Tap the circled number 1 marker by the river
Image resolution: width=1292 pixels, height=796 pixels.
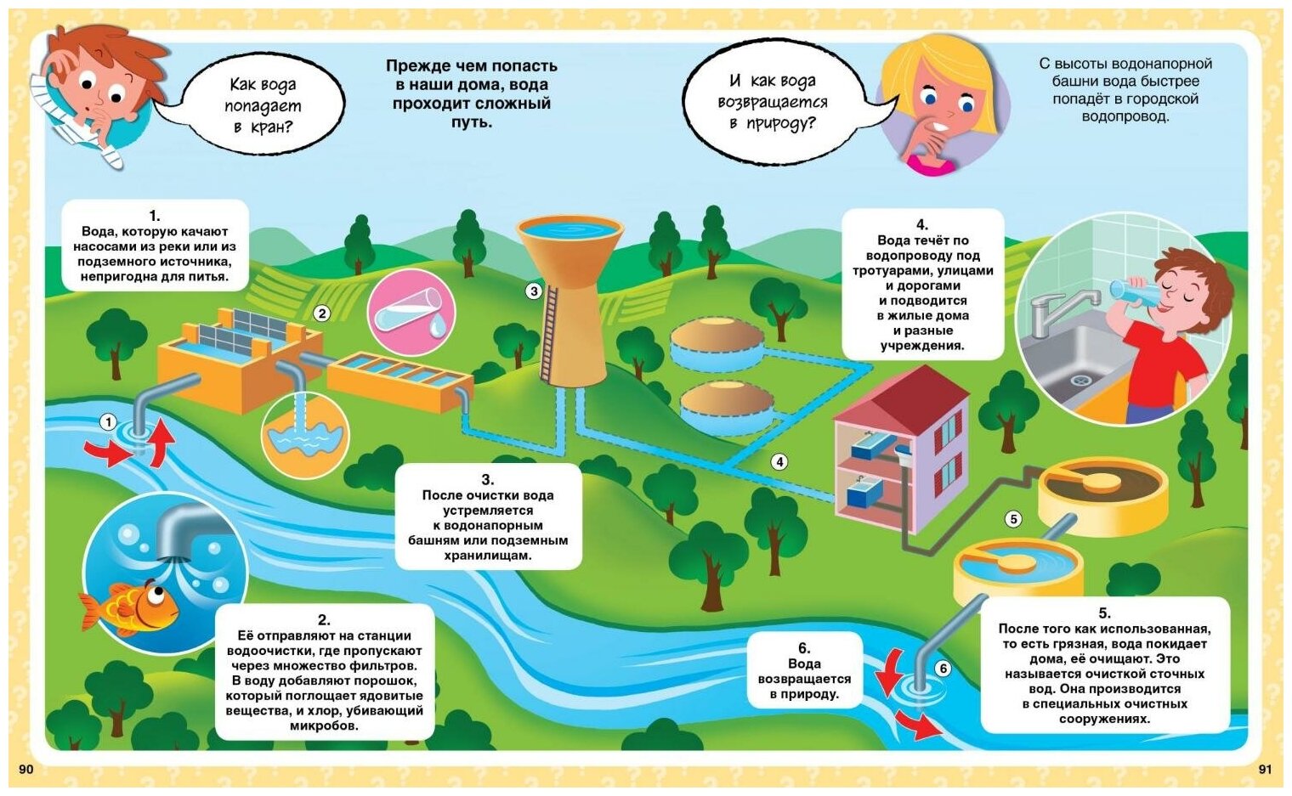click(108, 421)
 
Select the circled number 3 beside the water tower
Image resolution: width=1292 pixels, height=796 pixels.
click(534, 291)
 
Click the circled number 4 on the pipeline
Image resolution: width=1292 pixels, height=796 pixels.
click(779, 462)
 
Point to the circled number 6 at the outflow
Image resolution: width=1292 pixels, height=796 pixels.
click(943, 669)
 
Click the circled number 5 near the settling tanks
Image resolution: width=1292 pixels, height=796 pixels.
click(1012, 519)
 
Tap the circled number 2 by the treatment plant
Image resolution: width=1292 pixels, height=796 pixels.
click(321, 313)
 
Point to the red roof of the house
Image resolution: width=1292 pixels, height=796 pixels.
click(903, 398)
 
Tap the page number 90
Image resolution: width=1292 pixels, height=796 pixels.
click(26, 769)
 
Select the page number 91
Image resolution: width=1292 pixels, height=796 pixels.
click(1265, 769)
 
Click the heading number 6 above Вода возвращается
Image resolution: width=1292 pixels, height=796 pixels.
click(804, 648)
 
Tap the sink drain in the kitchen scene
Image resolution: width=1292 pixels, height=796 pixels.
click(1080, 380)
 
